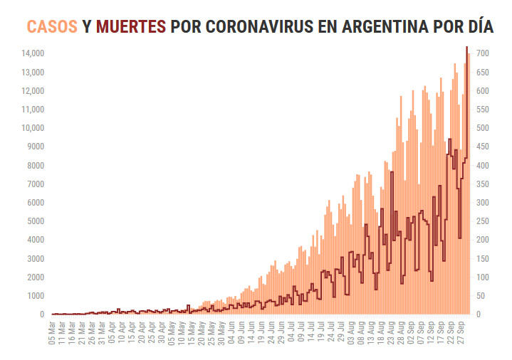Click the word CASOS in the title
click(x=52, y=27)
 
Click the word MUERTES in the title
click(x=130, y=27)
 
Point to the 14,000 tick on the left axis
click(x=32, y=53)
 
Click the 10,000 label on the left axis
click(x=32, y=128)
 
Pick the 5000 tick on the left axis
click(x=35, y=221)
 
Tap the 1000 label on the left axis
click(x=35, y=296)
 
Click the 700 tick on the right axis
click(x=482, y=53)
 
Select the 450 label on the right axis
click(x=482, y=147)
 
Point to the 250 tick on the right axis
click(x=482, y=221)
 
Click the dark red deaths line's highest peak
click(x=466, y=47)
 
